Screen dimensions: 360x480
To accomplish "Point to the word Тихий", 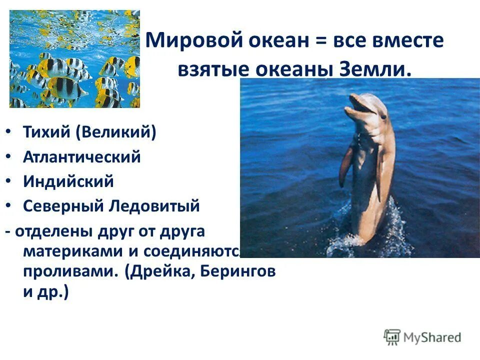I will click(x=46, y=132).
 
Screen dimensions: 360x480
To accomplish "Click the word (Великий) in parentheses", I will click(x=116, y=132).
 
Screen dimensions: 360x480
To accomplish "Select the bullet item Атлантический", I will click(x=81, y=157).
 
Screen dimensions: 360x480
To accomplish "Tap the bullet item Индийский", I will click(x=68, y=181).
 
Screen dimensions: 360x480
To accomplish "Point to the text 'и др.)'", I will click(x=45, y=292).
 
